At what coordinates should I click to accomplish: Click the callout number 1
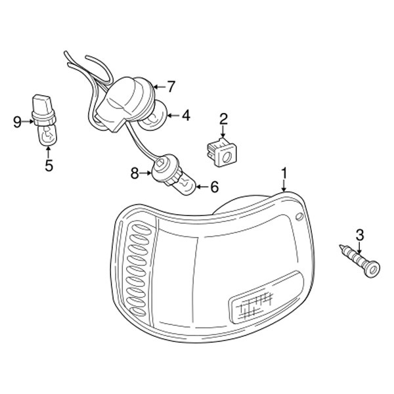[x=284, y=173]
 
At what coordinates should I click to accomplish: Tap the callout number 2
[x=223, y=119]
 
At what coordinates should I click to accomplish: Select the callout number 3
[x=360, y=235]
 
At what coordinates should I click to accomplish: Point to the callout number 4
[x=186, y=116]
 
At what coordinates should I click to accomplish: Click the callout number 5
[x=49, y=165]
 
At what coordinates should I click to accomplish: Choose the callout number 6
[x=214, y=186]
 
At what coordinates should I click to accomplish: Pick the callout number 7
[x=171, y=87]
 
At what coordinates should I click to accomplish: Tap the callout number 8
[x=135, y=173]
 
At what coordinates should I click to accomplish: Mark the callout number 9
[x=17, y=122]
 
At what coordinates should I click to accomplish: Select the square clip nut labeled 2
[x=222, y=152]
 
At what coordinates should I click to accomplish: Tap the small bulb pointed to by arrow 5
[x=47, y=136]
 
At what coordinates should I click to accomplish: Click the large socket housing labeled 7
[x=125, y=103]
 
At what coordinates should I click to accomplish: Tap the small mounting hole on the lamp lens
[x=299, y=217]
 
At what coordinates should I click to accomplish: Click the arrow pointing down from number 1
[x=284, y=185]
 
